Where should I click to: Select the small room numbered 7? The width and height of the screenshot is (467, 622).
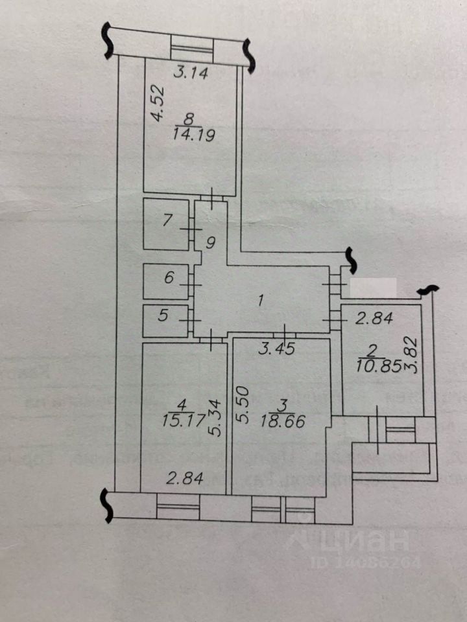168,220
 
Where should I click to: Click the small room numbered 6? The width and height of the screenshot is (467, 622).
168,279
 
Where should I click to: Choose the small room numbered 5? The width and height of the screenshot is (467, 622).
164,316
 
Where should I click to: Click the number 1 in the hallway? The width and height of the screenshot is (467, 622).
260,301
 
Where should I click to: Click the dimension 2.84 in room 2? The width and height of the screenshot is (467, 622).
372,317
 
